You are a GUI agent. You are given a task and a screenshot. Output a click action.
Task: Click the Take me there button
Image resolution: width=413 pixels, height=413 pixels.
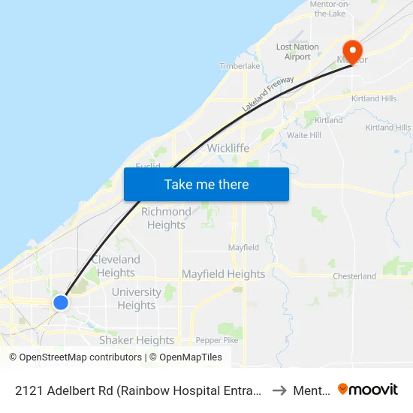[206, 184]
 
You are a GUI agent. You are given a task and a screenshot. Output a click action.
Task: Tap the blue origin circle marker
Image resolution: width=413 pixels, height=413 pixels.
[61, 302]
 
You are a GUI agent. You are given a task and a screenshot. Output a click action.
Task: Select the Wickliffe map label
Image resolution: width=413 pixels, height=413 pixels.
[228, 148]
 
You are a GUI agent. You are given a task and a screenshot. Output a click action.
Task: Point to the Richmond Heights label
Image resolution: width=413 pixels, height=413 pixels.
[166, 219]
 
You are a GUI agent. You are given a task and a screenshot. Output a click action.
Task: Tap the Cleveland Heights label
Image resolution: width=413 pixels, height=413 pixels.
[116, 266]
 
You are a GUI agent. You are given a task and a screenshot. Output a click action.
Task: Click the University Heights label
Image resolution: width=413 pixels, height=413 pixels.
[136, 299]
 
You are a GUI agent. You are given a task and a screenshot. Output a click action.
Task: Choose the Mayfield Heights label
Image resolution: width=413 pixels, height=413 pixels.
[223, 274]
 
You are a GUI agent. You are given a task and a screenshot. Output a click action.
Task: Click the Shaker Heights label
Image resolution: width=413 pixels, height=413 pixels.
[137, 340]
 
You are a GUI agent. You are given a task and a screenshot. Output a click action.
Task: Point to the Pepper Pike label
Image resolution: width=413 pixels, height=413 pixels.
[216, 340]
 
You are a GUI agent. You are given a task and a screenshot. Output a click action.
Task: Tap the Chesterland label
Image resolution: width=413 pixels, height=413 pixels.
[354, 276]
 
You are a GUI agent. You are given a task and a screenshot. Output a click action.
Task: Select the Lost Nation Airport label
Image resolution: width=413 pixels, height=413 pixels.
[297, 51]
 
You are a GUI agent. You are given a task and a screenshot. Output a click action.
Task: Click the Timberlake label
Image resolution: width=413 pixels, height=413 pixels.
[240, 66]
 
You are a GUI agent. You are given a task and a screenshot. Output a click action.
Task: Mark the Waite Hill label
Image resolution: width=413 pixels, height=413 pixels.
[304, 135]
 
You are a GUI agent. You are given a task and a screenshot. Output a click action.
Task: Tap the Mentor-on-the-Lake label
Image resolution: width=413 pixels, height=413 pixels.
[330, 8]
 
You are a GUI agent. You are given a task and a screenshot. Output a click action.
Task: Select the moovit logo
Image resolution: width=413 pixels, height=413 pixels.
[368, 389]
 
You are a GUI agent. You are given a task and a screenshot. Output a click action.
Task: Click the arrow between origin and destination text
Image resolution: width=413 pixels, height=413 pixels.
[279, 390]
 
